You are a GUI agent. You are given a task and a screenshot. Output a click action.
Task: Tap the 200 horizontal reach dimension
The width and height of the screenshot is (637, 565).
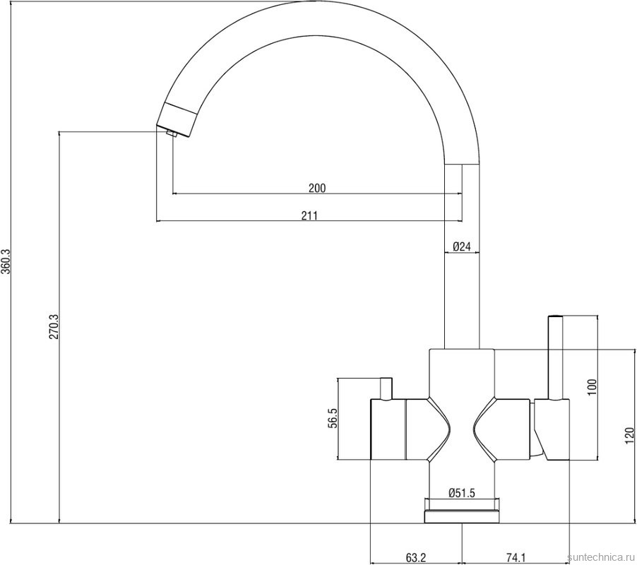tap(317, 188)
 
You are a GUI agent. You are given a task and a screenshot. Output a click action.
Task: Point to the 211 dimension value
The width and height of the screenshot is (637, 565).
tap(309, 215)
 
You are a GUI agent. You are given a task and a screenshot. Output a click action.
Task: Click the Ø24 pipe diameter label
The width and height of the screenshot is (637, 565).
tap(461, 246)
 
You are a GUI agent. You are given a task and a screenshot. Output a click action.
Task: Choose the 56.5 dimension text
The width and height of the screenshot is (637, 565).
tap(333, 418)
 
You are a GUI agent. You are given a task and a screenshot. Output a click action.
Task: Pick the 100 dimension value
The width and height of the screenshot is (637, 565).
tap(592, 387)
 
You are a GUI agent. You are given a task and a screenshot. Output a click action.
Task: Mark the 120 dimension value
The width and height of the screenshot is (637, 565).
tap(629, 436)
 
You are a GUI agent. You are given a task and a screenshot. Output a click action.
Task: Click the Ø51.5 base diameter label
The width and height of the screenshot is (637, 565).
tap(462, 494)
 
